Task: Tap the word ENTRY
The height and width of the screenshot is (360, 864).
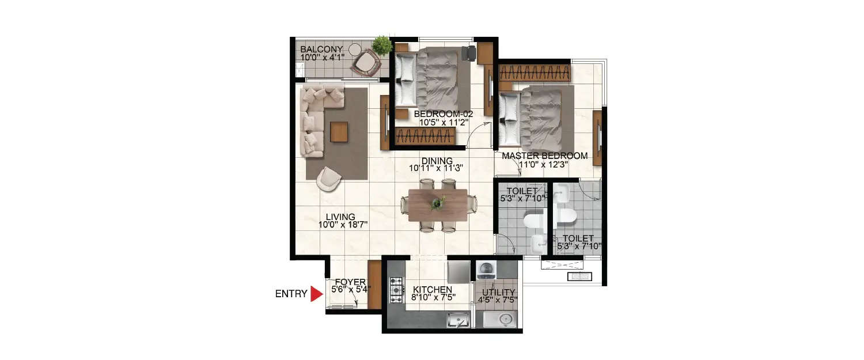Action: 291,294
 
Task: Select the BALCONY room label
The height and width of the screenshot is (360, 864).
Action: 321,50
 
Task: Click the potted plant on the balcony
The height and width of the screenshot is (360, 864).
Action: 381,44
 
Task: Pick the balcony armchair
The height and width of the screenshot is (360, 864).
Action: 364,62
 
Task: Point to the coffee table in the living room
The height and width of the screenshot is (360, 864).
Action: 339,132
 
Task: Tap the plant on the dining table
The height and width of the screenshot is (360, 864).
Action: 438,203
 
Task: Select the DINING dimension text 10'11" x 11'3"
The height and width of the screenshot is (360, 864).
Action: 436,169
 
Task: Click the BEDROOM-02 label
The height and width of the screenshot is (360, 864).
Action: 444,114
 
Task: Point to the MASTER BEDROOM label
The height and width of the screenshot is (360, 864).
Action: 544,156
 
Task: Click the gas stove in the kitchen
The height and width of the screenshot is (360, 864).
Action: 396,290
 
